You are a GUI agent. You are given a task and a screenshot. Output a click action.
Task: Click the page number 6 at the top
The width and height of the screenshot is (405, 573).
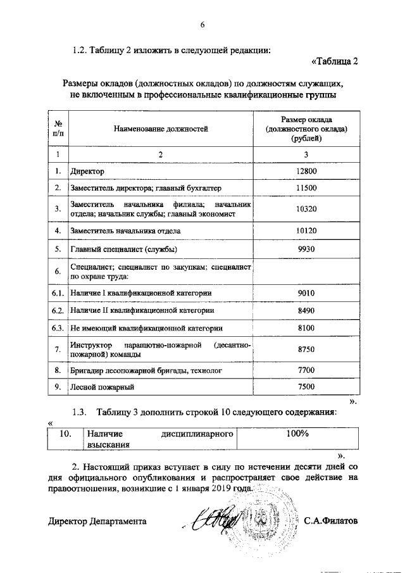point(202,25)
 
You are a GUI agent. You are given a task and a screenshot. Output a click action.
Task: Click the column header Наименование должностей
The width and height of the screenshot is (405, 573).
point(161,129)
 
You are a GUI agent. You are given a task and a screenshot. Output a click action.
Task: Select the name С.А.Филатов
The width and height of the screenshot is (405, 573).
point(330,521)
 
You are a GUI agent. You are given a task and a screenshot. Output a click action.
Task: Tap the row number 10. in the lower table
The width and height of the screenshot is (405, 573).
point(64,434)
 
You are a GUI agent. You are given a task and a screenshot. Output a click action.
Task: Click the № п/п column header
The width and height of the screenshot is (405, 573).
point(58,129)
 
